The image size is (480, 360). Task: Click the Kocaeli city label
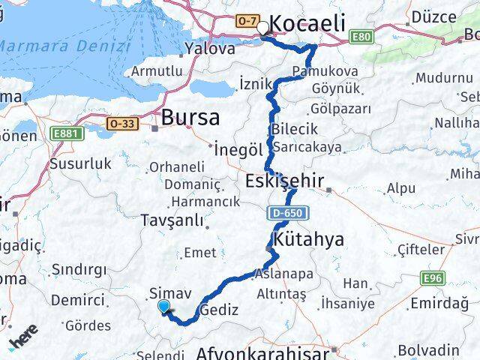pyautogui.click(x=307, y=23)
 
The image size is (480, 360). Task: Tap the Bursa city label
pyautogui.click(x=190, y=118)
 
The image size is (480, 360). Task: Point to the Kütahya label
pyautogui.click(x=309, y=240)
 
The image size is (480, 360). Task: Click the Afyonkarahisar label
pyautogui.click(x=262, y=353)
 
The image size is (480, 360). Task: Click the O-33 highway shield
pyautogui.click(x=123, y=121)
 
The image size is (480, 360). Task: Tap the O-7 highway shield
pyautogui.click(x=247, y=21)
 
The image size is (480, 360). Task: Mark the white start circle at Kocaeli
pyautogui.click(x=262, y=28)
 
